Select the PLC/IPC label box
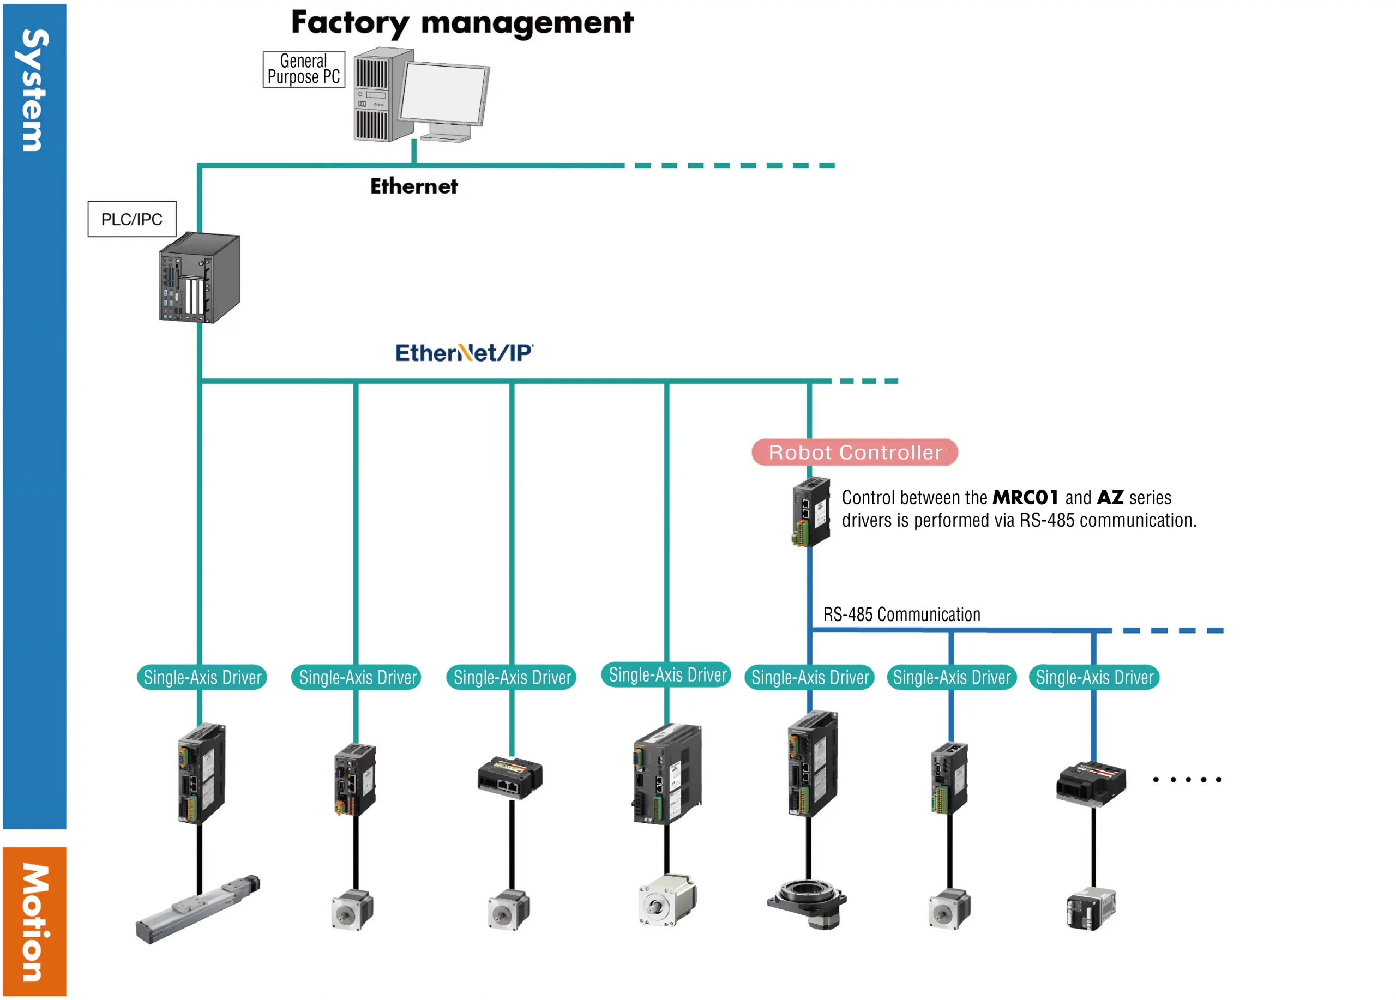(x=132, y=219)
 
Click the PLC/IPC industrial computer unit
(x=199, y=278)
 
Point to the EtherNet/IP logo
(x=464, y=353)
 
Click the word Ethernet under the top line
(x=414, y=186)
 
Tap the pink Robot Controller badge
(x=855, y=453)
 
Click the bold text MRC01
(x=1025, y=497)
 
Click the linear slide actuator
(x=197, y=908)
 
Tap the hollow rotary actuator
(x=807, y=903)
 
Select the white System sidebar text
(x=34, y=90)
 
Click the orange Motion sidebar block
(x=34, y=921)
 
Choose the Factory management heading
(x=462, y=23)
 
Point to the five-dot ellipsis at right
(x=1187, y=780)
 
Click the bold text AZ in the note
(x=1110, y=497)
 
